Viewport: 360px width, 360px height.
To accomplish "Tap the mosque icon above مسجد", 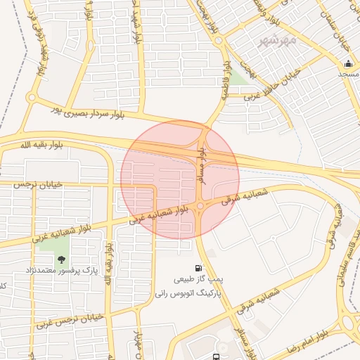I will click(x=348, y=64).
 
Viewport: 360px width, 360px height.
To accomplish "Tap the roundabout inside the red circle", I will click(x=200, y=205).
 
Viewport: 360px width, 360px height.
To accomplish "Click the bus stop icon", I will click(x=214, y=355).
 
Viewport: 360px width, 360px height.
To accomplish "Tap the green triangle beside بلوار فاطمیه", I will click(x=238, y=77).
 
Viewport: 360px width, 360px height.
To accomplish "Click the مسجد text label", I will click(x=348, y=74).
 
